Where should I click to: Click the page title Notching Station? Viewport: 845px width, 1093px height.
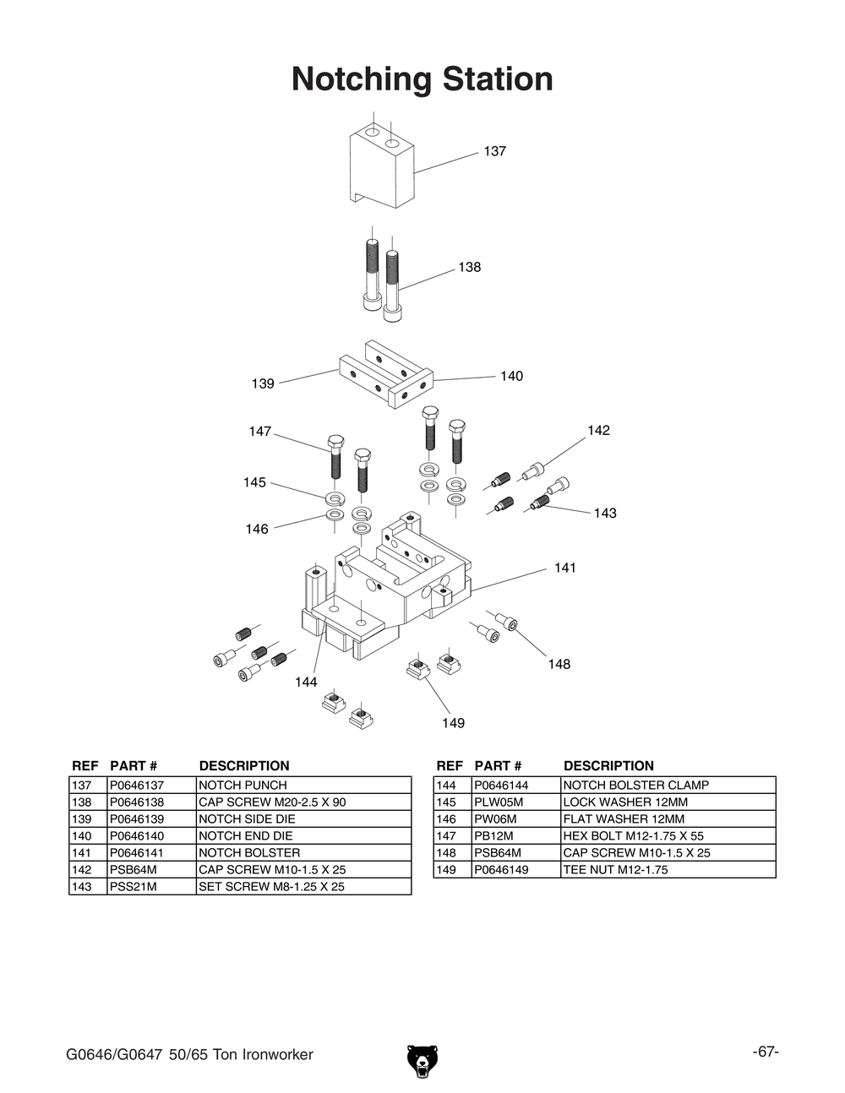pyautogui.click(x=422, y=79)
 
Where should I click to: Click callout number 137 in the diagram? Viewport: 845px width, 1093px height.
pyautogui.click(x=494, y=151)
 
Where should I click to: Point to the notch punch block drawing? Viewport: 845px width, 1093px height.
pyautogui.click(x=381, y=167)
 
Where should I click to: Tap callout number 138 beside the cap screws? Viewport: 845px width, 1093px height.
pyautogui.click(x=469, y=267)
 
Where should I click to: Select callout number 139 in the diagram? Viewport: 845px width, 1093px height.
pyautogui.click(x=263, y=383)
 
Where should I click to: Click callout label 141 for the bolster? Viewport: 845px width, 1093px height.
pyautogui.click(x=564, y=568)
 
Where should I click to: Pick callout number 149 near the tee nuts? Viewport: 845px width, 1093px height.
pyautogui.click(x=453, y=723)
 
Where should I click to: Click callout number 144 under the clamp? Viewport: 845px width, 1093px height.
pyautogui.click(x=306, y=682)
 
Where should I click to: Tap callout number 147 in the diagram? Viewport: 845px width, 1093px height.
pyautogui.click(x=259, y=432)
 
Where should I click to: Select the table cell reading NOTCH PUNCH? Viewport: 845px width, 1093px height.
pyautogui.click(x=243, y=785)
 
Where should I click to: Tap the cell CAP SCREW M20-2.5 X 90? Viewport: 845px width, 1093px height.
pyautogui.click(x=272, y=802)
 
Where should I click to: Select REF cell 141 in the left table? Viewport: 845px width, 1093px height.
pyautogui.click(x=82, y=852)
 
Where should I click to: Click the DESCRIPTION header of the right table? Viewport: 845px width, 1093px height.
pyautogui.click(x=608, y=766)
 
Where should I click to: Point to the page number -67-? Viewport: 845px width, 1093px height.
pyautogui.click(x=766, y=1052)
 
